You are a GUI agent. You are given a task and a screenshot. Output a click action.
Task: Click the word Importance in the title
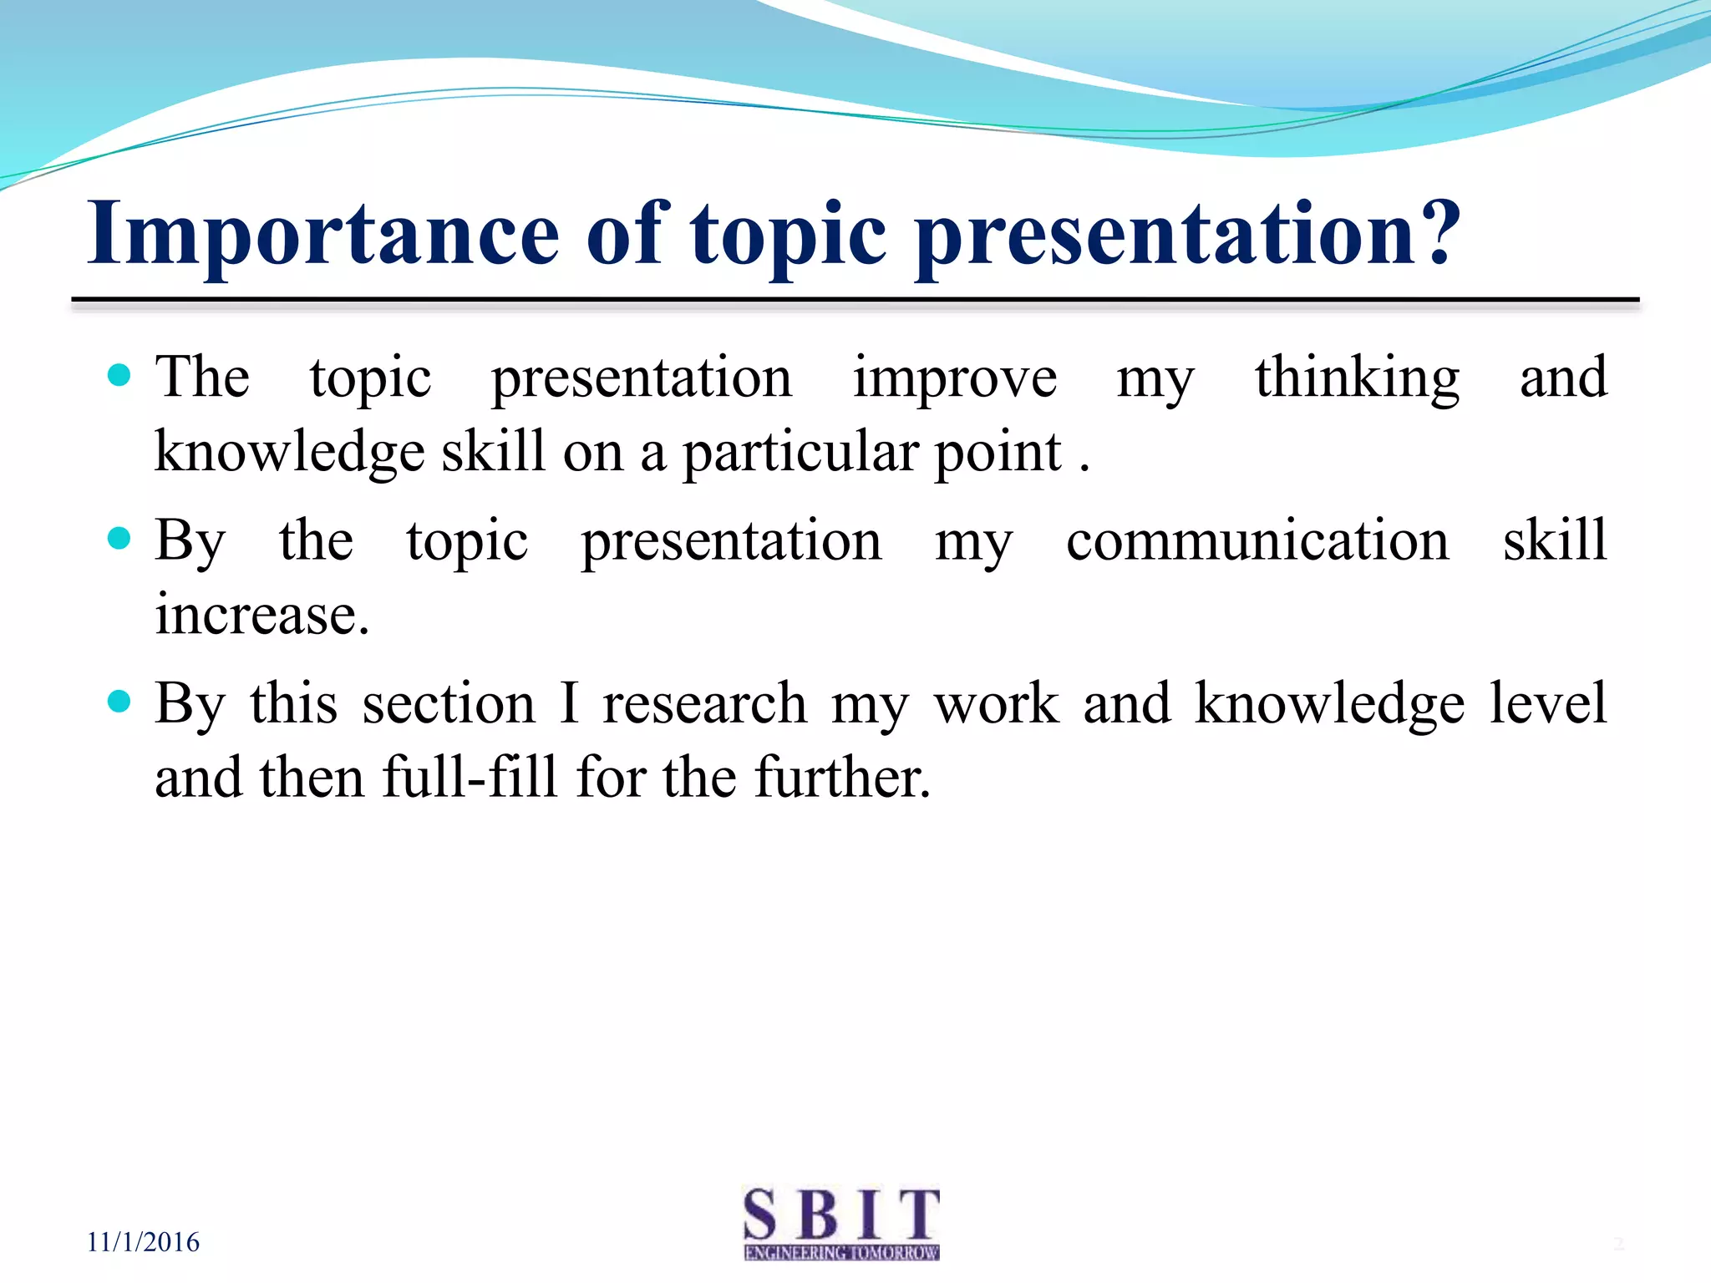click(322, 236)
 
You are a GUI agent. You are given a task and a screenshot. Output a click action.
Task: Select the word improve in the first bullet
click(954, 378)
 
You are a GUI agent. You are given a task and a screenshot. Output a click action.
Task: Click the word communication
click(1257, 540)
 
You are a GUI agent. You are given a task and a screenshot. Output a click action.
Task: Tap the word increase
click(261, 615)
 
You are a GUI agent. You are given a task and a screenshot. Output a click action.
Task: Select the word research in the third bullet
click(704, 703)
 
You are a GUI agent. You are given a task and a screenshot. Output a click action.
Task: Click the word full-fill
click(470, 777)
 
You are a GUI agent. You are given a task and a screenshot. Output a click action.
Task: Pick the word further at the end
click(841, 777)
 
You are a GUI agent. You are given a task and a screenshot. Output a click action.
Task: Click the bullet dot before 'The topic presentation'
click(119, 375)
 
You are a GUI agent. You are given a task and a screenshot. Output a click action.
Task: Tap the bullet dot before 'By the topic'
click(119, 538)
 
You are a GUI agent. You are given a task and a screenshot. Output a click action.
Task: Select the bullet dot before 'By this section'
click(119, 701)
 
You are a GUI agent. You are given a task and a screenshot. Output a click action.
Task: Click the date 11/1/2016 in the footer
click(143, 1242)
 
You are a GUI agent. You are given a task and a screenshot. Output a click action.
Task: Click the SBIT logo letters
click(841, 1215)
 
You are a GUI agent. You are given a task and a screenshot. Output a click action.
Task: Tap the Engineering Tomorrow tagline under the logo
click(841, 1253)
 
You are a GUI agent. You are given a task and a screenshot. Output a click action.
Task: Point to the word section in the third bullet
click(449, 703)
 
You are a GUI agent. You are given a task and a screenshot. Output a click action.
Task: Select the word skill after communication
click(1555, 540)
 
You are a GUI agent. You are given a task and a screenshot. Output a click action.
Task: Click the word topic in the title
click(787, 236)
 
